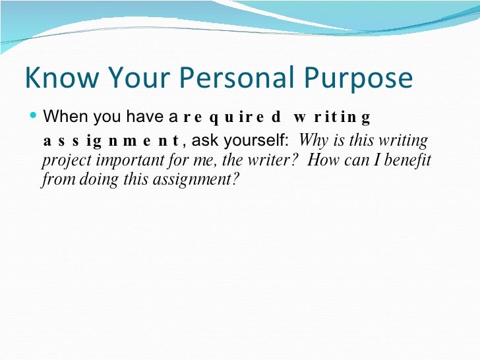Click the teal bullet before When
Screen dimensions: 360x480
pos(34,117)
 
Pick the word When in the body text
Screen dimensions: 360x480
pos(65,117)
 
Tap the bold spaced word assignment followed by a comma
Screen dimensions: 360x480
pos(111,141)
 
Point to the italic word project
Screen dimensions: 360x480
pos(62,161)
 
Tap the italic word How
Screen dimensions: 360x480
pos(322,160)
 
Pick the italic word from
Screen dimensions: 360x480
pos(53,180)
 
